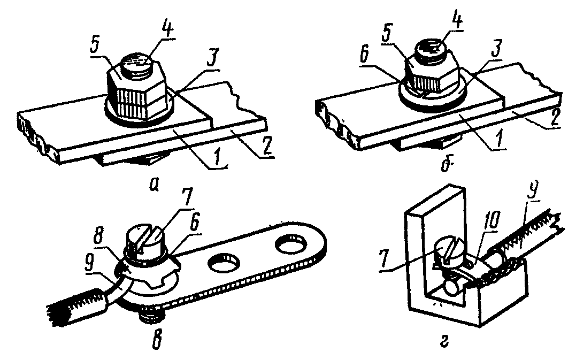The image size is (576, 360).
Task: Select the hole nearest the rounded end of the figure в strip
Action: point(292,247)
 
